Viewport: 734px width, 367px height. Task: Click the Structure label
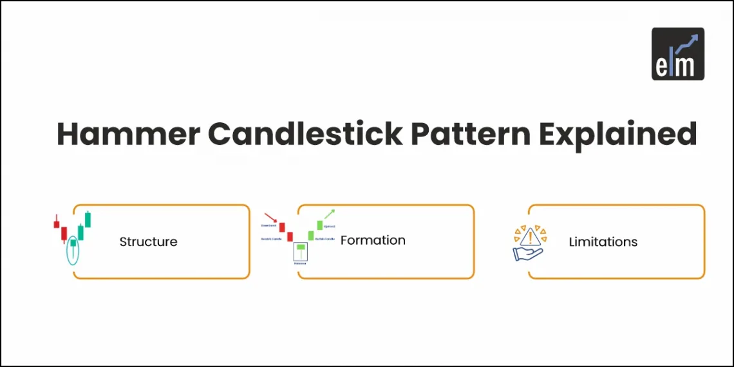point(148,242)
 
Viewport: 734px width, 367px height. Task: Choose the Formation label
point(373,240)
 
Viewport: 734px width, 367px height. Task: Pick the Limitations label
point(603,242)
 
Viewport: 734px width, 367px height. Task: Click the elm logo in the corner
point(677,53)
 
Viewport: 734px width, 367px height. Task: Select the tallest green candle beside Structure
point(88,219)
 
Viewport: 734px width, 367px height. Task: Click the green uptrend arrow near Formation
point(329,214)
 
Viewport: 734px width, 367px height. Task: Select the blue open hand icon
point(527,252)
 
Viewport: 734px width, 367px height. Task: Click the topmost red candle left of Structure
point(57,223)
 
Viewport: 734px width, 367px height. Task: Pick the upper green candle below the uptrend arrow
point(319,225)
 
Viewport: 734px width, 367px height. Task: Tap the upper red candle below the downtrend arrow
point(282,227)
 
